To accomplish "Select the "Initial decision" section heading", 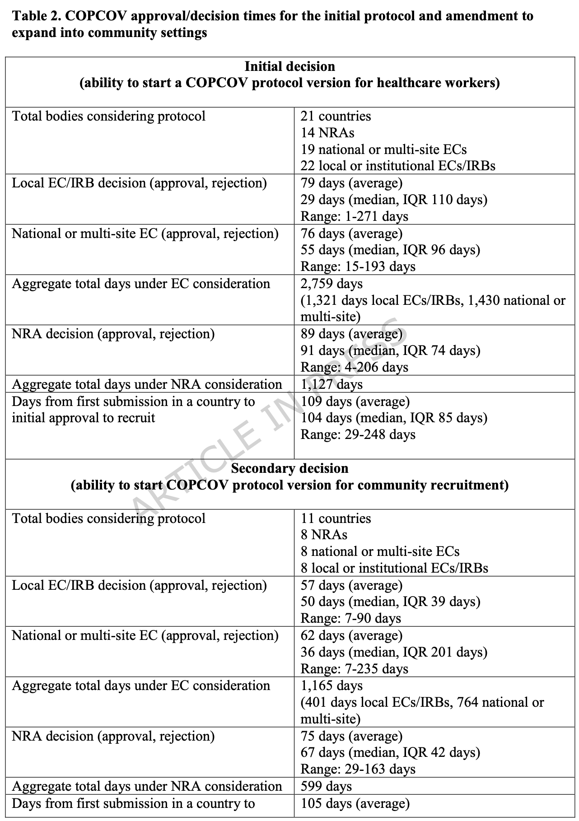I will pos(289,66).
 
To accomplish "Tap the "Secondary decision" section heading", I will pos(289,468).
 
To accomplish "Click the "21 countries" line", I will pos(336,116).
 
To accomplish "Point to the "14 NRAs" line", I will pos(327,133).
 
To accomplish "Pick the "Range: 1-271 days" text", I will pos(354,216).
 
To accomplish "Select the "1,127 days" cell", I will pos(332,384).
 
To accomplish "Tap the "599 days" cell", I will pos(326,786).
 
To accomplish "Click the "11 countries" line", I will pos(336,518).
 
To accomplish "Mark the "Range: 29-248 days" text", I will pos(358,434).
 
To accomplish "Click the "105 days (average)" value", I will pos(355,803).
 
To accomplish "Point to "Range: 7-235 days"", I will pos(354,669).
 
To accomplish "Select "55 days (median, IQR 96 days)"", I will pos(390,250).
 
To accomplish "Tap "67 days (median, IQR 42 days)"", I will pos(390,752).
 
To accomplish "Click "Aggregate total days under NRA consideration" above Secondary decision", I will pos(147,384).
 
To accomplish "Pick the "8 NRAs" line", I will pos(324,535).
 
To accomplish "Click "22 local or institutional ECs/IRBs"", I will pos(398,166).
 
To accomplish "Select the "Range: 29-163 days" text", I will pos(358,769).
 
